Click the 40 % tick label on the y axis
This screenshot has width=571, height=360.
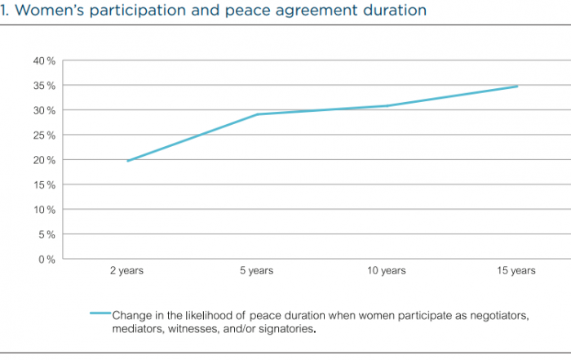[x=44, y=60]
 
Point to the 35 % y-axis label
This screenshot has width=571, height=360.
[x=44, y=86]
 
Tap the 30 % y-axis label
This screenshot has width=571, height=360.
[x=44, y=110]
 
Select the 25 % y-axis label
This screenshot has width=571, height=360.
[x=44, y=136]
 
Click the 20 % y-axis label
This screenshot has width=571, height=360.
[x=44, y=160]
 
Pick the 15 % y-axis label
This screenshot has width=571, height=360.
[x=44, y=184]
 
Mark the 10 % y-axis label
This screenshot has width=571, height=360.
[x=44, y=210]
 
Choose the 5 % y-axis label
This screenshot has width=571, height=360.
[x=46, y=234]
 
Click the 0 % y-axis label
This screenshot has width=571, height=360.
[x=46, y=260]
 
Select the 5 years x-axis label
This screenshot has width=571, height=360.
[x=258, y=271]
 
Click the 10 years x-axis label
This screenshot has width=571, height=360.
[x=387, y=271]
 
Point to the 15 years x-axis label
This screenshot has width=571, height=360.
[x=517, y=271]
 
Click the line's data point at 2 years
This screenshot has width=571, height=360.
[x=128, y=161]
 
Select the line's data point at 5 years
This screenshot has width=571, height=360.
[x=258, y=114]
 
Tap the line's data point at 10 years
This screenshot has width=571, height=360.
[x=387, y=106]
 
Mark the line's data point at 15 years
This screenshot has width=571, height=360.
[x=517, y=86]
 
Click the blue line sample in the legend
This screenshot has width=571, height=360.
[x=100, y=313]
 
